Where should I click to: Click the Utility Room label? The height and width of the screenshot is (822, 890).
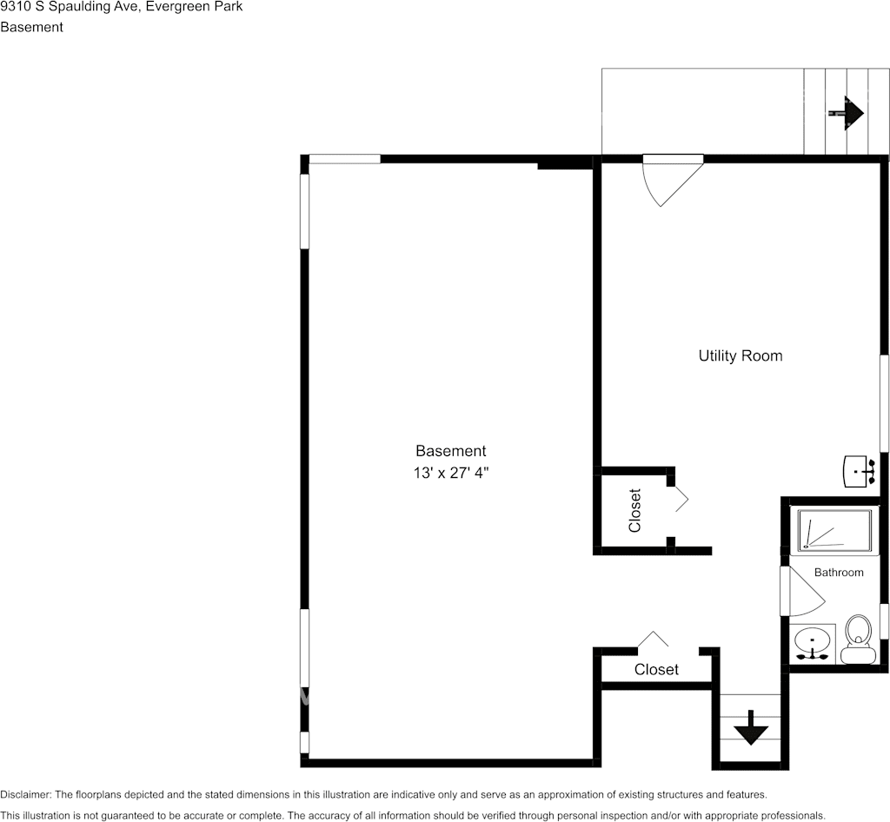740,356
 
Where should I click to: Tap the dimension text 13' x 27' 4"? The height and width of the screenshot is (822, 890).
450,473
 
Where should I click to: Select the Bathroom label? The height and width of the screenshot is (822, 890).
839,573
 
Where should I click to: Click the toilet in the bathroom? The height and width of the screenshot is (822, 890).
858,640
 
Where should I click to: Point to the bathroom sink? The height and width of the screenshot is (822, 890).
813,644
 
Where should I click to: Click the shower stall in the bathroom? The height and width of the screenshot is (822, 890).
835,530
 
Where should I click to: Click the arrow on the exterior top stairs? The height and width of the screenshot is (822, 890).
847,113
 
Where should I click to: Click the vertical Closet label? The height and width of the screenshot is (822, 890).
634,511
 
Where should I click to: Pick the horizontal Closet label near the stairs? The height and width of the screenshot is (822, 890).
656,669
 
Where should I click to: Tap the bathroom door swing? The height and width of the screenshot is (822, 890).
801,591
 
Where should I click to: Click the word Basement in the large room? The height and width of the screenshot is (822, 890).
450,451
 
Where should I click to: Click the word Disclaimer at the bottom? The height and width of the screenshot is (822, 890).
25,794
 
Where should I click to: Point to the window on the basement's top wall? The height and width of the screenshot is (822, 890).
344,159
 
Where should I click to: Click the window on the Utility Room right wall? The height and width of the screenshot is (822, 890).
884,403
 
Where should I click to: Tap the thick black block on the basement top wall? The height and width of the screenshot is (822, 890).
565,163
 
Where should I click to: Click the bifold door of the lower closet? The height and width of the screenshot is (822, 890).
653,640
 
